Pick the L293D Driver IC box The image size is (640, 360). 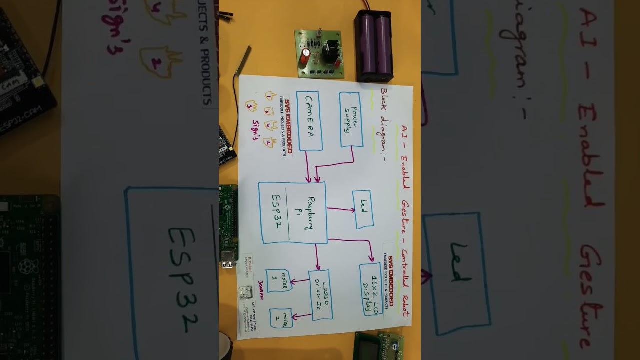(x=320, y=295)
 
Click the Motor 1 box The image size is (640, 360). (x=279, y=280)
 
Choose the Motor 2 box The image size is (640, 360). (x=281, y=318)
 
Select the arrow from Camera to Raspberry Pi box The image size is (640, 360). (x=308, y=166)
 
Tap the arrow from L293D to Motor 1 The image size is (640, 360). (x=300, y=281)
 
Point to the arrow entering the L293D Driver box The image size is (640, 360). (x=317, y=257)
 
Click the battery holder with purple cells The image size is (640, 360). (x=374, y=47)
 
